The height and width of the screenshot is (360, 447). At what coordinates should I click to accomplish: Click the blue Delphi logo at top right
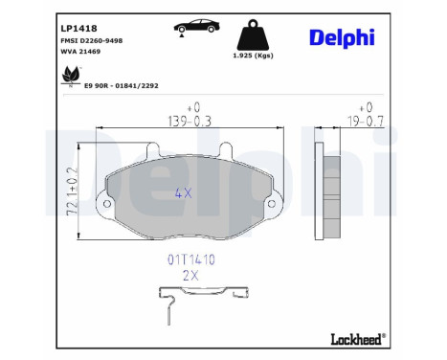tap(342, 37)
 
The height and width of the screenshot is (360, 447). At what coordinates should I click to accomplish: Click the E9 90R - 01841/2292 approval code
tap(121, 85)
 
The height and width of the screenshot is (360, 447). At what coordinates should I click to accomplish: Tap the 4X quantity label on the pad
tap(184, 191)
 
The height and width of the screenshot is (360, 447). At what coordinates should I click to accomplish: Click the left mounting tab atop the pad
tap(151, 148)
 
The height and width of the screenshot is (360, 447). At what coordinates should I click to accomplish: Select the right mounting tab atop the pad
tap(227, 148)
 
